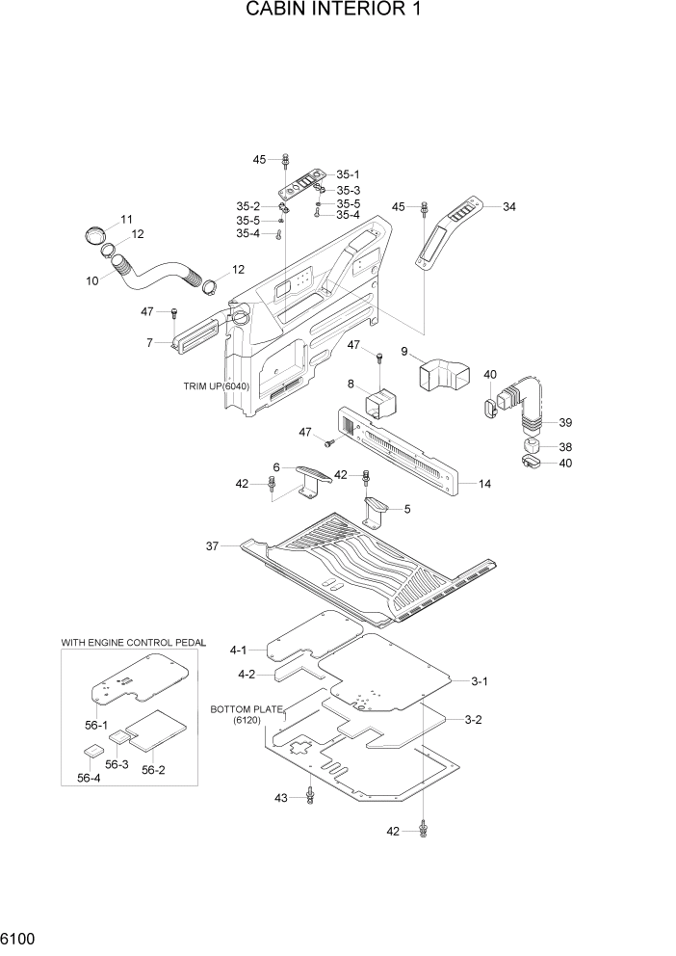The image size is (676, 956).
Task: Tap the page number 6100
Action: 21,936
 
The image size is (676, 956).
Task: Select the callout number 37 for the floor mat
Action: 212,546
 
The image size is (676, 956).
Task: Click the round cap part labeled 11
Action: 93,234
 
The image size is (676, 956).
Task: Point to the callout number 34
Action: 509,206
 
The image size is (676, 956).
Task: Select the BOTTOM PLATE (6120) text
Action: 247,715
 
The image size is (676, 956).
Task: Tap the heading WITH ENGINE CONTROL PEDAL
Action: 128,641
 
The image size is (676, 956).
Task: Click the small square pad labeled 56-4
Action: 91,751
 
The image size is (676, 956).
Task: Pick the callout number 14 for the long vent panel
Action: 484,483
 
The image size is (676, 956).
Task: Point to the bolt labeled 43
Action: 310,795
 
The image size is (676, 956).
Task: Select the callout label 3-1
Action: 479,681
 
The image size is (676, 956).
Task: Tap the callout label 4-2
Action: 246,675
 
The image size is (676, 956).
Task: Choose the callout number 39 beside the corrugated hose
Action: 565,423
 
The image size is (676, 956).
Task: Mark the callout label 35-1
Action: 348,174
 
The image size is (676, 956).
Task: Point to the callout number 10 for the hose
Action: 92,280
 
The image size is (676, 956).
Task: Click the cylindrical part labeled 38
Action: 533,446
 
